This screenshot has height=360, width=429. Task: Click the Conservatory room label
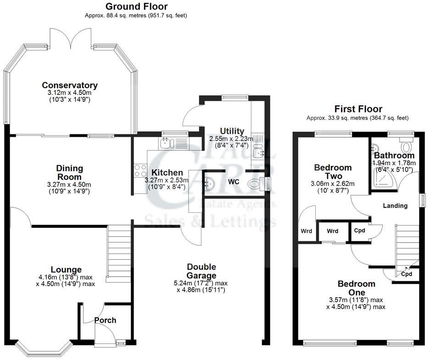(70, 85)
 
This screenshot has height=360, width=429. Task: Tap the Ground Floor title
(136, 6)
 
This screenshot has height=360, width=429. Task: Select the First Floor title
(358, 109)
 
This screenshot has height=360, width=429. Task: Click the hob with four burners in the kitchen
(139, 171)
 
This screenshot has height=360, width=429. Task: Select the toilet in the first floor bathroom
(407, 147)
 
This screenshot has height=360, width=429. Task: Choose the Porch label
(105, 320)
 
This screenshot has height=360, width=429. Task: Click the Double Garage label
(201, 271)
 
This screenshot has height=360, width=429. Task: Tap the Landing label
(395, 205)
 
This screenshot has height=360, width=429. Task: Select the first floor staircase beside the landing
(407, 245)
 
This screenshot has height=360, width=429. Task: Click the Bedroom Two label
(333, 172)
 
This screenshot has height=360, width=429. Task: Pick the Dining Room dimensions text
(69, 188)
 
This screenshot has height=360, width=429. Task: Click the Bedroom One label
(357, 288)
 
